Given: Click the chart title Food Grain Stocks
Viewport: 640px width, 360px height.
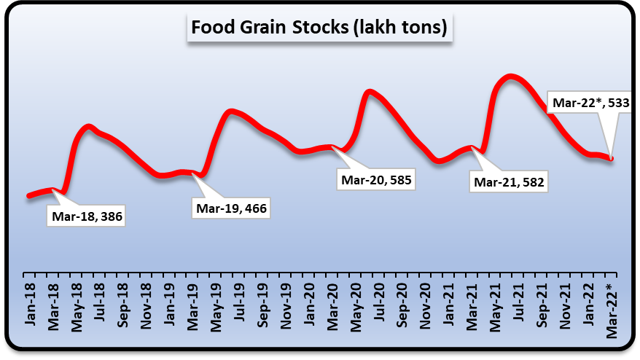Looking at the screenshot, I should point(319,28).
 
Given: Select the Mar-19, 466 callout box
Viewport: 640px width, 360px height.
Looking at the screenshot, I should point(230,208).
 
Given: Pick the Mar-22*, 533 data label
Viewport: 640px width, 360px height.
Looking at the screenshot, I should point(590,103).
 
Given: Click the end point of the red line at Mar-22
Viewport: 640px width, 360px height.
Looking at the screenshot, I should point(612,158).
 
